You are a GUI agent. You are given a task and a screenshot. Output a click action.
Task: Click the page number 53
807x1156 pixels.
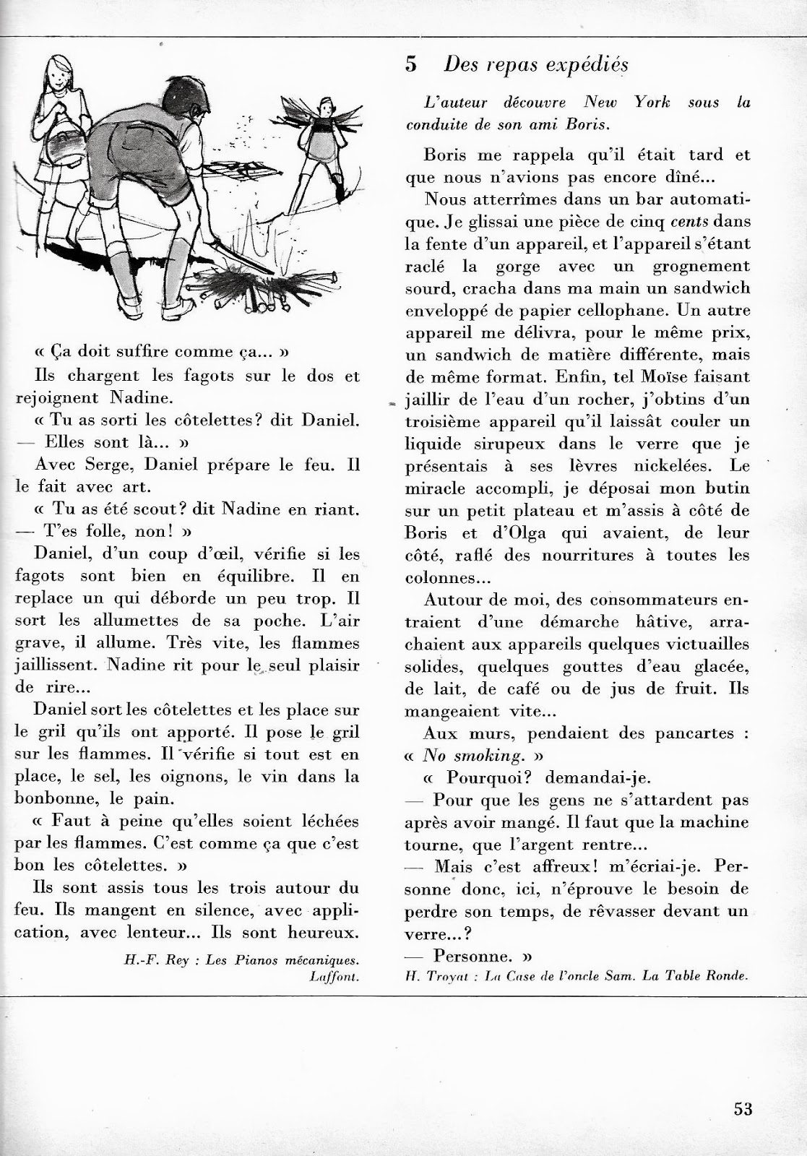tap(743, 1108)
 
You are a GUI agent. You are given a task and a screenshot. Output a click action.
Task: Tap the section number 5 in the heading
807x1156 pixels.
tap(411, 64)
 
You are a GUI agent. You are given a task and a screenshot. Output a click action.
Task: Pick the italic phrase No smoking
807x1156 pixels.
tap(472, 755)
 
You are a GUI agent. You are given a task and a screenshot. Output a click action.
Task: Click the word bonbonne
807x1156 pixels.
tap(53, 798)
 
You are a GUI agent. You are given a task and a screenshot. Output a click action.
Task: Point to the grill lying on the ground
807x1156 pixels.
tap(239, 169)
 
